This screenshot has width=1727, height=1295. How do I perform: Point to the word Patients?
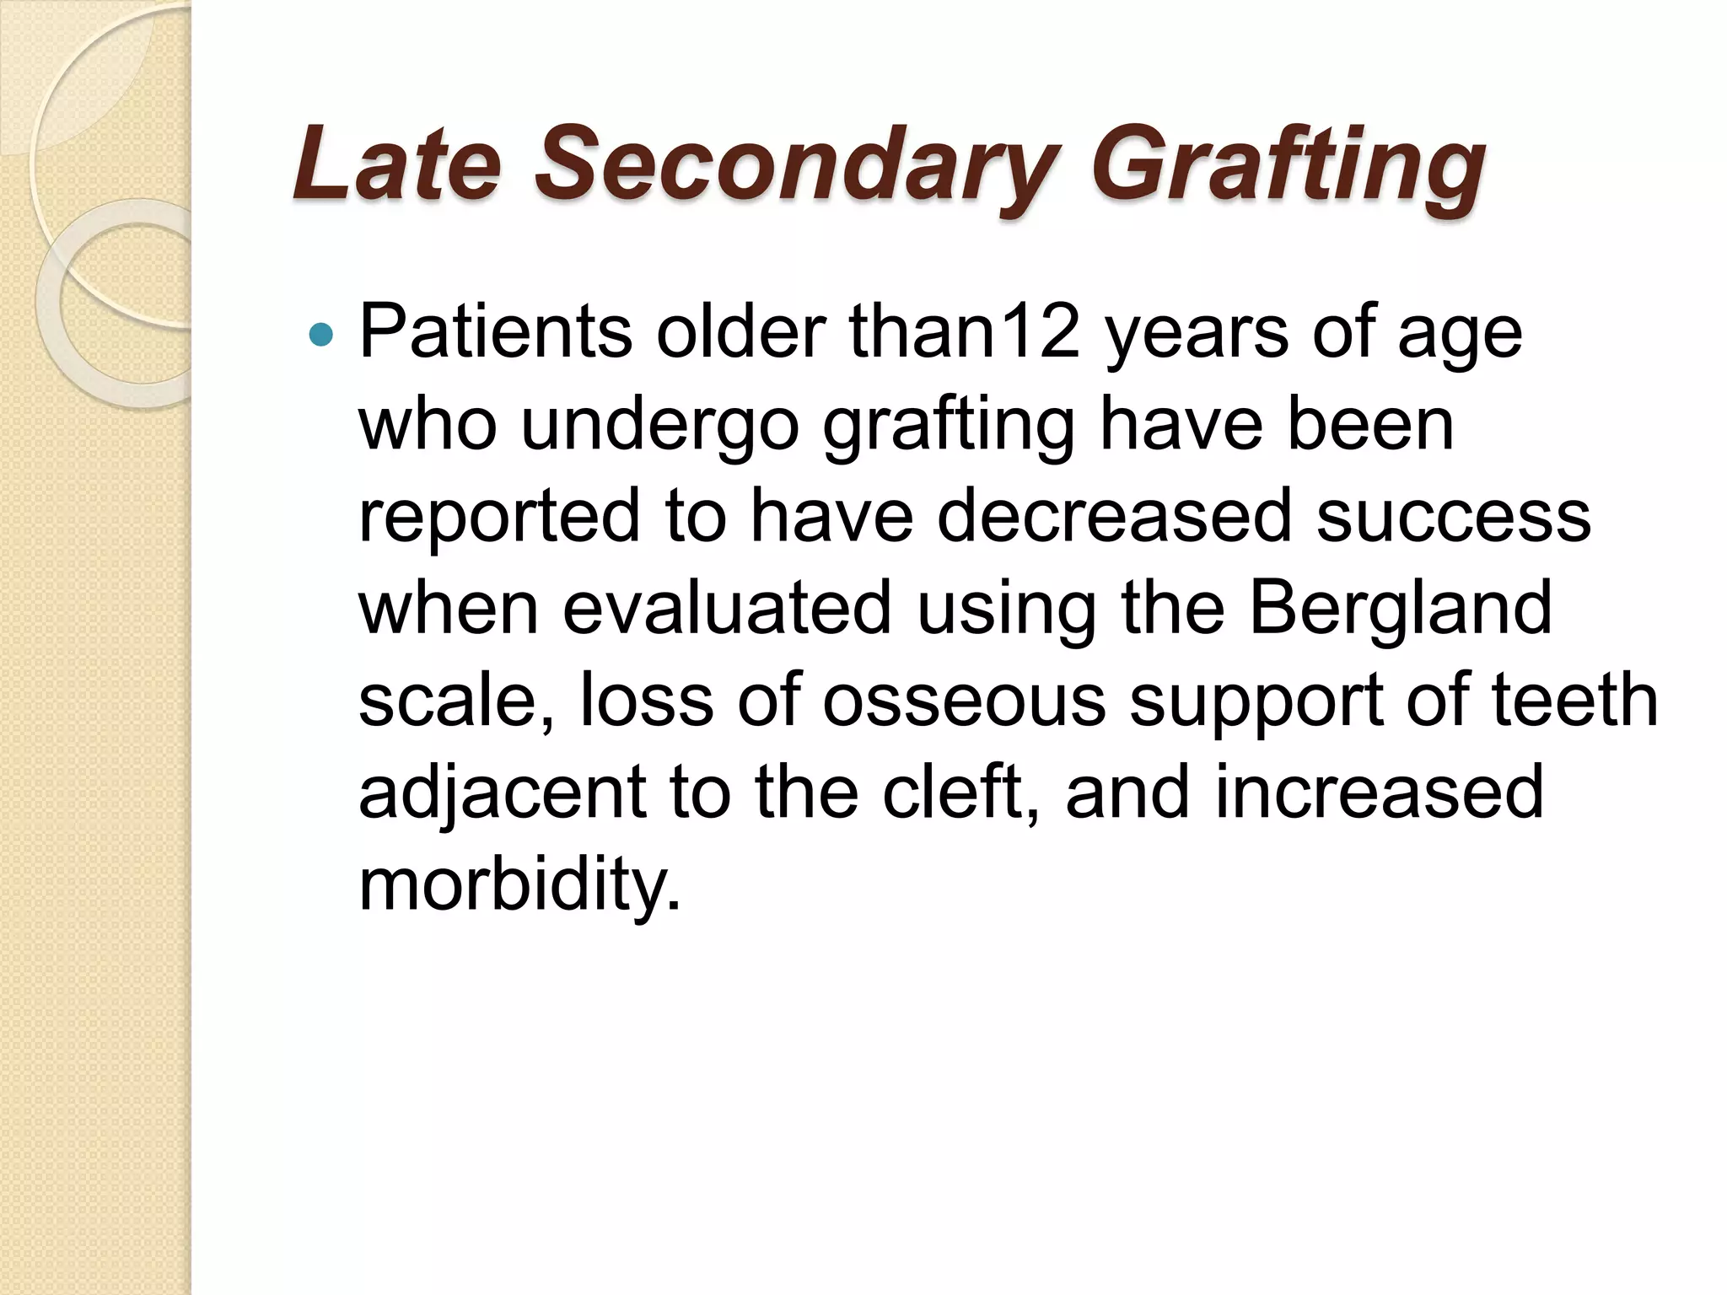click(496, 332)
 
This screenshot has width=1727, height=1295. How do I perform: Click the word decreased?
click(1114, 516)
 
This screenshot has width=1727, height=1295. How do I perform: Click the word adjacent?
click(503, 792)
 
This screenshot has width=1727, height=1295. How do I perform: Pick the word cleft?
click(960, 792)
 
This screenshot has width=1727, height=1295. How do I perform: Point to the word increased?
click(1379, 792)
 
